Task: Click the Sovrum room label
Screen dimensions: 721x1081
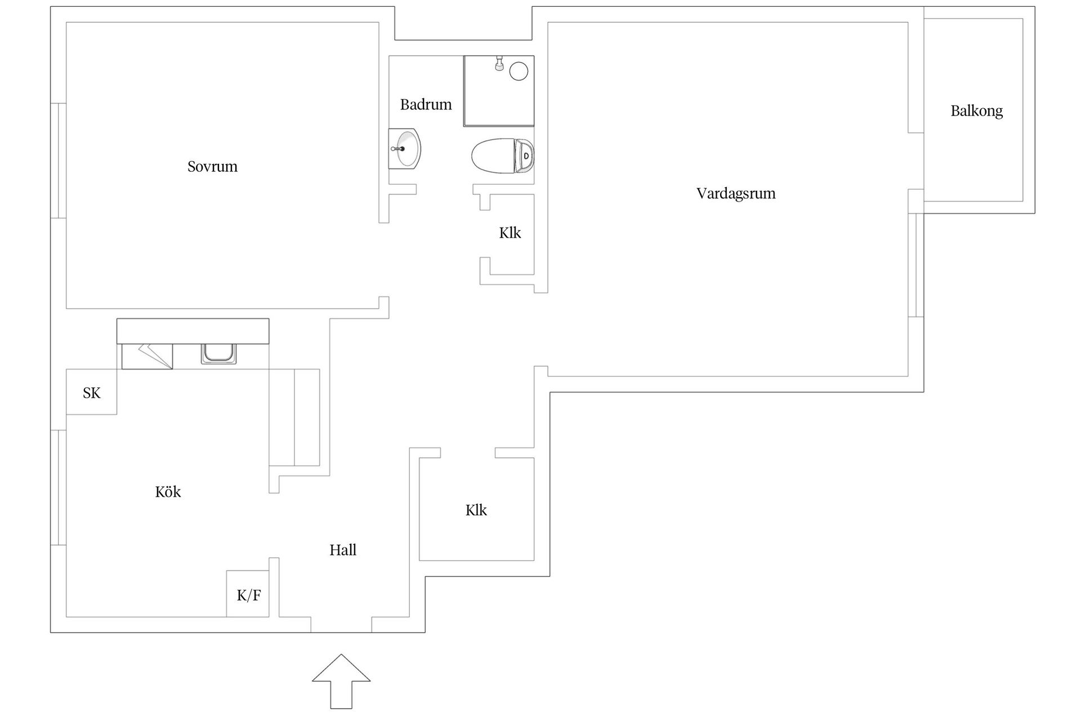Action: [212, 167]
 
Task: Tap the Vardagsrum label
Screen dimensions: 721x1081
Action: [735, 194]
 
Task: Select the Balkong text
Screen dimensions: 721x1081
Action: [976, 111]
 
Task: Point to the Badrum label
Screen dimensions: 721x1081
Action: [426, 105]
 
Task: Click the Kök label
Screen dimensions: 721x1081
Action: [168, 492]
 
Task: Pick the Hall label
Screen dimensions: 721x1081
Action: [343, 550]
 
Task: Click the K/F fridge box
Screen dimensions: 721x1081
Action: [248, 594]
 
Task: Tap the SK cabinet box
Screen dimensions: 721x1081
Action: [91, 393]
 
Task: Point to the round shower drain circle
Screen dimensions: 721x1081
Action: [519, 72]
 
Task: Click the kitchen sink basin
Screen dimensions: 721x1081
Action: [218, 353]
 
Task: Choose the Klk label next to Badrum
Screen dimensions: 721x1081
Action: [510, 233]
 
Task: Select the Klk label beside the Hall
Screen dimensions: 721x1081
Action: [476, 510]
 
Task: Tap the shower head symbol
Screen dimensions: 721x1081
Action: [499, 64]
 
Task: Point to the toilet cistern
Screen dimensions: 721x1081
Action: [526, 155]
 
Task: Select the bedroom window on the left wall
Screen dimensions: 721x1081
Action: [59, 161]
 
